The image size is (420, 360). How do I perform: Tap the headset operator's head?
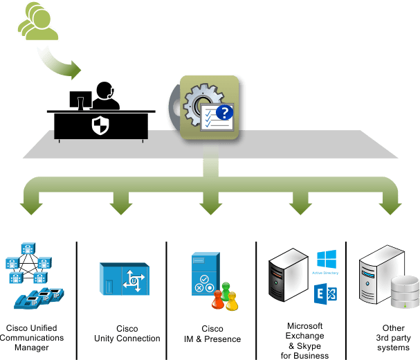tap(104, 90)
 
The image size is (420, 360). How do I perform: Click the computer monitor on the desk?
tap(80, 99)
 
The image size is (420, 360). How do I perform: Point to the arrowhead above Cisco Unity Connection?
tap(120, 206)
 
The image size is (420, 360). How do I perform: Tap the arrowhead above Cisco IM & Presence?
tap(210, 206)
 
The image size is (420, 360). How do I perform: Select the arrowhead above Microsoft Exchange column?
tap(300, 206)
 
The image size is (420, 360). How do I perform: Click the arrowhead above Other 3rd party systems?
tap(388, 206)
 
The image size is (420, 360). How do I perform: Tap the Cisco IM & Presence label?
tap(212, 334)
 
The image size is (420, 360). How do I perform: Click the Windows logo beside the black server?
tap(326, 260)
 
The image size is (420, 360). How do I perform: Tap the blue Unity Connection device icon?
tap(125, 280)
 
